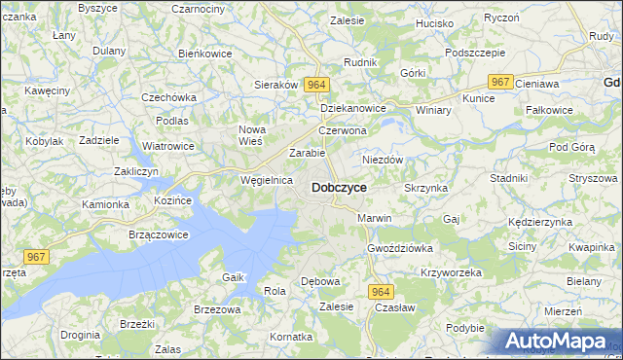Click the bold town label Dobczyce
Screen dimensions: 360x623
coord(339,187)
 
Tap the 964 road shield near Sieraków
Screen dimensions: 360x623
coord(314,86)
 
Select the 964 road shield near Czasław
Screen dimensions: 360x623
coord(381,291)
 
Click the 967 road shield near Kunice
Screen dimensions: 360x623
coord(500,84)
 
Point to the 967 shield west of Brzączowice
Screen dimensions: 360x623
coord(37,257)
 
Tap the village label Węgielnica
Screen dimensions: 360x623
coord(267,180)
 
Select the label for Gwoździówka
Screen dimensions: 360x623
coord(399,248)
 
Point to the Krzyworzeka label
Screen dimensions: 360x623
coord(451,272)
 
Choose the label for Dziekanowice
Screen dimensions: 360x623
coord(353,108)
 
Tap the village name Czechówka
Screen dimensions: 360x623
coord(169,97)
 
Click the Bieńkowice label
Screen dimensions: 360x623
coord(205,54)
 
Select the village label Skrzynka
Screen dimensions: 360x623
coord(424,186)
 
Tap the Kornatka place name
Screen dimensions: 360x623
coord(291,337)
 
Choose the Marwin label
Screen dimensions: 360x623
coord(374,218)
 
